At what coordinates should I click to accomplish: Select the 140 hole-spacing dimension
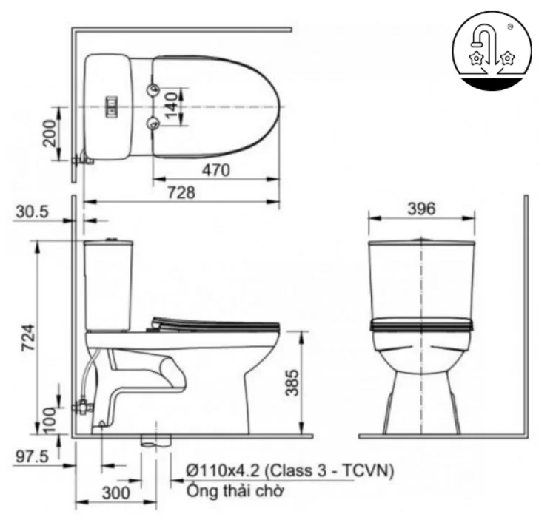click(171, 107)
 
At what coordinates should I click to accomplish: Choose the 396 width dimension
click(421, 209)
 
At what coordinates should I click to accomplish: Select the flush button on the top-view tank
click(113, 107)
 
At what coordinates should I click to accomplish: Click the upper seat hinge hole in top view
click(153, 90)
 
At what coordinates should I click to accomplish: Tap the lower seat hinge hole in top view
click(153, 123)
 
